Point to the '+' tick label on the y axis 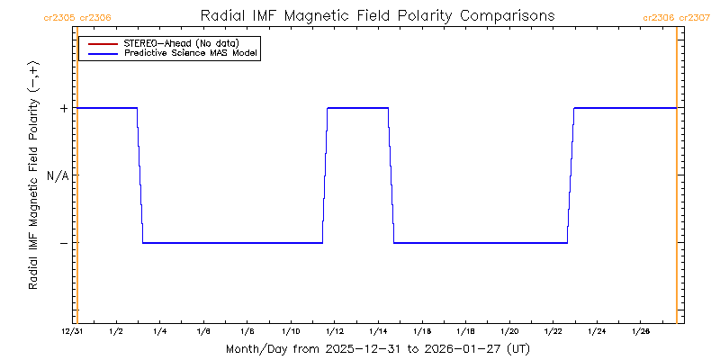coord(64,108)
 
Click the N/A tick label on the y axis coord(58,175)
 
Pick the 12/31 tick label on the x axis coord(73,331)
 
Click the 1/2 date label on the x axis coord(116,331)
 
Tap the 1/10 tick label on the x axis coord(291,331)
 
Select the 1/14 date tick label coord(378,331)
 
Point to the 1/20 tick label coord(508,331)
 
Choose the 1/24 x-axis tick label coord(596,331)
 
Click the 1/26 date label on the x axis coord(640,331)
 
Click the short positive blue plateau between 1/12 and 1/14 coord(357,108)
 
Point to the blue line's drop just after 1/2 coord(139,175)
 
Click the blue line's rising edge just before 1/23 coord(571,175)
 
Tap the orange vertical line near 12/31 coord(77,180)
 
